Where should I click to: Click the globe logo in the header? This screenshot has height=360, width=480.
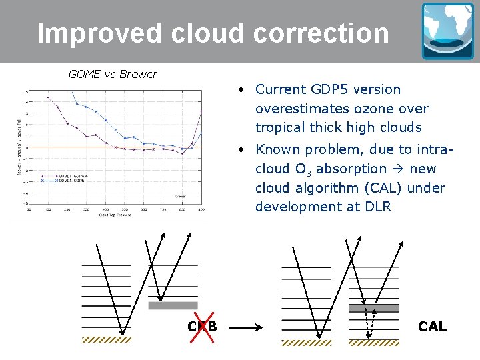point(447,31)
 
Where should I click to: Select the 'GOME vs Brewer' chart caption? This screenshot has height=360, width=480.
point(113,74)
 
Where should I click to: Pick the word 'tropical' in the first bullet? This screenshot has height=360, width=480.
point(280,127)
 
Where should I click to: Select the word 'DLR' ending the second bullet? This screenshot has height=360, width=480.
point(378,207)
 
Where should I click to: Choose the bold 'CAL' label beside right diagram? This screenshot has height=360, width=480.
point(432,327)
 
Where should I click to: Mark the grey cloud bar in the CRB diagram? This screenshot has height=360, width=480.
point(173,306)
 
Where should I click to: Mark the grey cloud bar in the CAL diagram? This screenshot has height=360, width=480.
point(373,308)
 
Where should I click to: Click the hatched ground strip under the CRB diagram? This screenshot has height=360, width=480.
point(106,339)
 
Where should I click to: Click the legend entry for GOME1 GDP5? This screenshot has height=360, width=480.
point(70,181)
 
